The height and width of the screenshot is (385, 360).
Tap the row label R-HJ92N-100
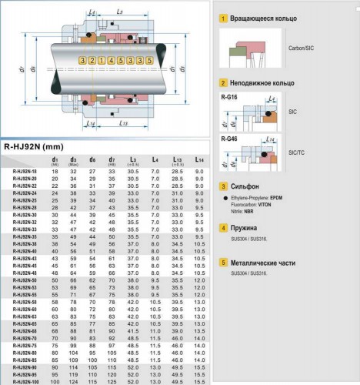pyautogui.click(x=26, y=381)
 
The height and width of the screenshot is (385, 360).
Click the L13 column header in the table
pyautogui.click(x=178, y=159)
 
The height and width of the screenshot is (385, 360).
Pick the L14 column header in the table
pyautogui.click(x=200, y=159)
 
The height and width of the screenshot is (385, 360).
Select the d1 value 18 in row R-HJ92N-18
pyautogui.click(x=55, y=171)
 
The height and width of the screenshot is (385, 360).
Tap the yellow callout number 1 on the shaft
pyautogui.click(x=102, y=60)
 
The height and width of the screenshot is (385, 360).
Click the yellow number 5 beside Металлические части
pyautogui.click(x=223, y=261)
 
